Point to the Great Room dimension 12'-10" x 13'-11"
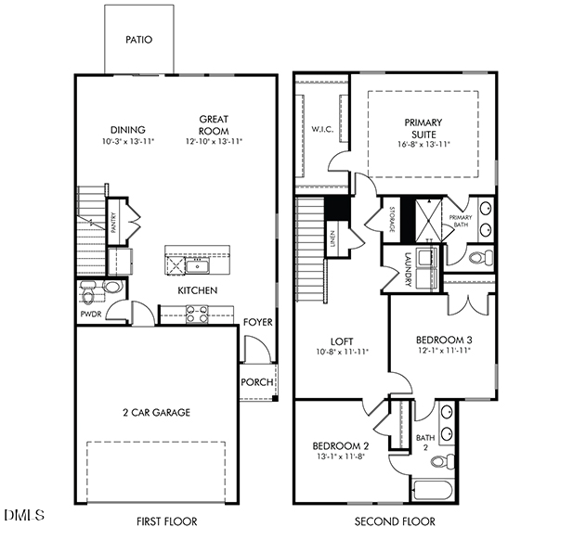[214, 142]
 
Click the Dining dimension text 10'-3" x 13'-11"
[128, 142]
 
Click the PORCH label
[256, 382]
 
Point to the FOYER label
[258, 322]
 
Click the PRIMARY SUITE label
[423, 128]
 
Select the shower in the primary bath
[428, 219]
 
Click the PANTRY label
[112, 223]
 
